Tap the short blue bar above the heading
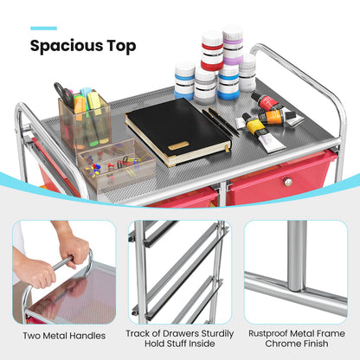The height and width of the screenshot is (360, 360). tap(44, 28)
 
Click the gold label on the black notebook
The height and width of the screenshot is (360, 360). tap(178, 145)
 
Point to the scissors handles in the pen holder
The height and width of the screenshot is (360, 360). tap(63, 94)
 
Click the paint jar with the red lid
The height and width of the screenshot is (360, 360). tap(212, 52)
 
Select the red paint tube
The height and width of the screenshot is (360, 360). tap(267, 103)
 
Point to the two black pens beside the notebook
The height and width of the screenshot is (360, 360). tap(222, 121)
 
